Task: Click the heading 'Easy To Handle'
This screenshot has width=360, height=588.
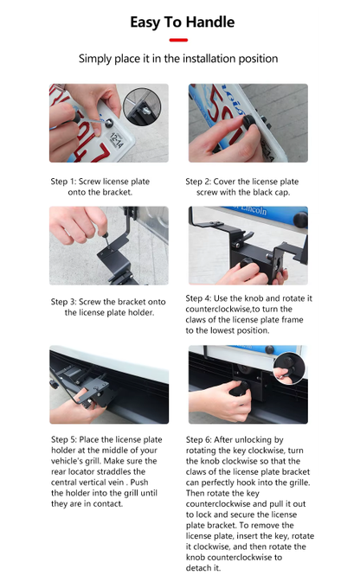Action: (x=179, y=22)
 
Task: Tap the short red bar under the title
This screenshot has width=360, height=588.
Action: (x=179, y=40)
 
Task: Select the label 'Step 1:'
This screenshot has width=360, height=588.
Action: (x=64, y=182)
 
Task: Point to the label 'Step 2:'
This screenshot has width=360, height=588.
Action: (x=200, y=182)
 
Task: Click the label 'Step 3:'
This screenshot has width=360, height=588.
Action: (x=64, y=302)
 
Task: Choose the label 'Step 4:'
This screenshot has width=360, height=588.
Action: (x=200, y=298)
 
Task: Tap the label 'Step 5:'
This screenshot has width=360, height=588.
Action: (x=64, y=439)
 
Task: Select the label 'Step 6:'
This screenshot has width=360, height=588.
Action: (x=200, y=439)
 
